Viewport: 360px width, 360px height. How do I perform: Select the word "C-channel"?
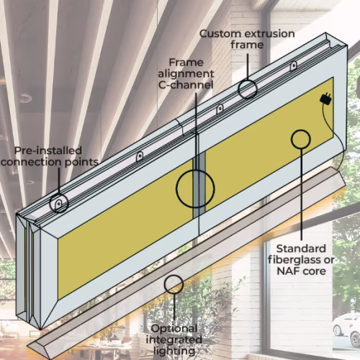point(186,85)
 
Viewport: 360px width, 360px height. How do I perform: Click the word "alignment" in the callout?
point(186,74)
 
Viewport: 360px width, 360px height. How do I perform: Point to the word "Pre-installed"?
point(48,150)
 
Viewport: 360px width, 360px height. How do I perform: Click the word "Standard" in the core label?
point(301,248)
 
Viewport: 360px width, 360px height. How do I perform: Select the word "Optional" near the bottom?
point(174,329)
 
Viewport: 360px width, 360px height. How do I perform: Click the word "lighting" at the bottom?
point(174,351)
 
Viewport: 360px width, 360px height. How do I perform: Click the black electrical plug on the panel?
point(325,99)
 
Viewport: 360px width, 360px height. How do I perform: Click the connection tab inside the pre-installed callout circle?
point(58,204)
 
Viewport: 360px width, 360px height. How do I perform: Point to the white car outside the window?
point(346,328)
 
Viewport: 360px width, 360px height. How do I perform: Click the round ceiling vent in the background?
point(25,98)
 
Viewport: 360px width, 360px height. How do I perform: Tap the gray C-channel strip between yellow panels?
point(199,185)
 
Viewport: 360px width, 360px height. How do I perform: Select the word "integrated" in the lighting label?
point(174,340)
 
